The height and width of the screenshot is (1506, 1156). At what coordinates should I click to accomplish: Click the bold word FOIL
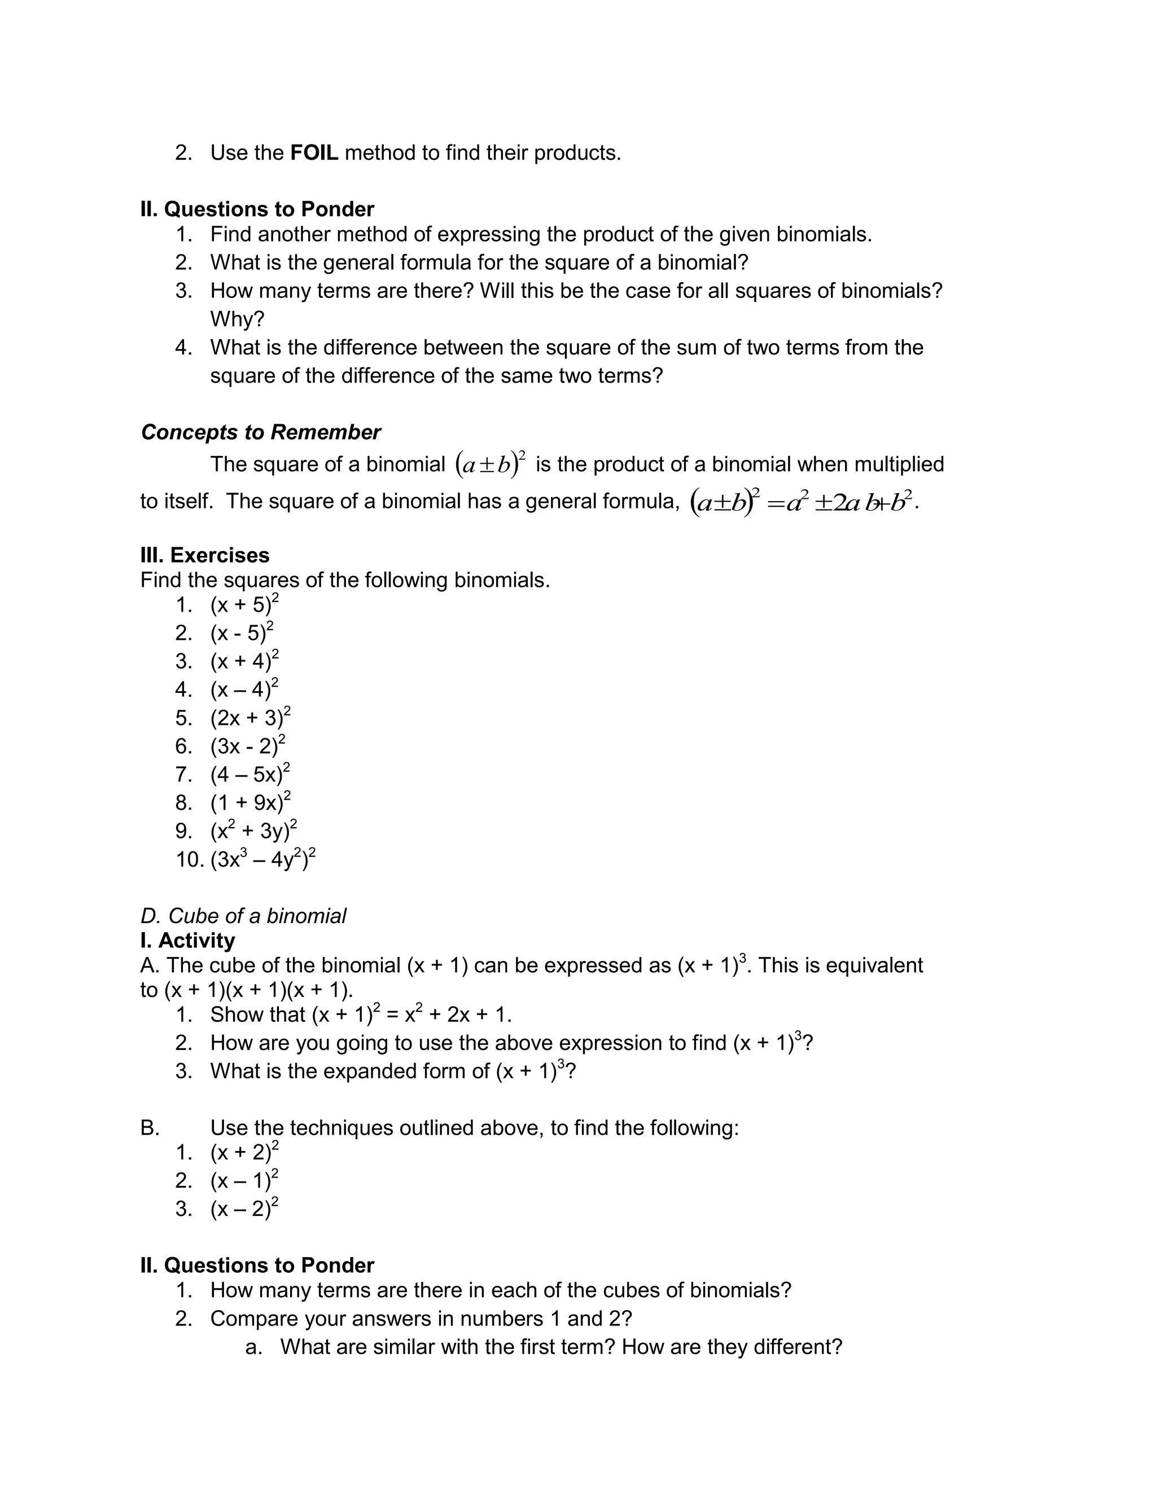click(314, 153)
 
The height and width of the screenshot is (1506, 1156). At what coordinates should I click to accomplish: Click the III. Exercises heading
click(204, 555)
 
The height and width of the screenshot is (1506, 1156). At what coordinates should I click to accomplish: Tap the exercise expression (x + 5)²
click(244, 605)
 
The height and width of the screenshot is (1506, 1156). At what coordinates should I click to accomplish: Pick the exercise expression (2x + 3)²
click(251, 718)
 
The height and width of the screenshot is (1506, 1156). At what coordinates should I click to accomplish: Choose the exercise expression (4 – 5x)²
click(250, 774)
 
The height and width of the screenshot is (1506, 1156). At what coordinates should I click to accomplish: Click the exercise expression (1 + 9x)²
click(251, 802)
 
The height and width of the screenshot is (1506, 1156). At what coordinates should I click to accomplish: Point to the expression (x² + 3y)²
click(253, 831)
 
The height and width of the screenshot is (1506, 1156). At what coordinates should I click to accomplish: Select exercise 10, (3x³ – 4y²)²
click(263, 859)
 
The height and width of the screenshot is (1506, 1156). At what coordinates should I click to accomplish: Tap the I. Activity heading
click(187, 940)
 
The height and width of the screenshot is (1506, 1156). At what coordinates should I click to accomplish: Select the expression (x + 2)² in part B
click(244, 1152)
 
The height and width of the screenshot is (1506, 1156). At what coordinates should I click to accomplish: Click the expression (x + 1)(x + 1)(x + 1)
click(258, 990)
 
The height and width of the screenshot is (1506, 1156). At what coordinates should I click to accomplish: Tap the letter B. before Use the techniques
click(150, 1128)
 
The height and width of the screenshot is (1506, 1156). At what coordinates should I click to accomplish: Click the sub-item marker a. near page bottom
click(253, 1346)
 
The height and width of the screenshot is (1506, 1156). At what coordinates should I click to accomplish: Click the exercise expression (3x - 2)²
click(248, 746)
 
